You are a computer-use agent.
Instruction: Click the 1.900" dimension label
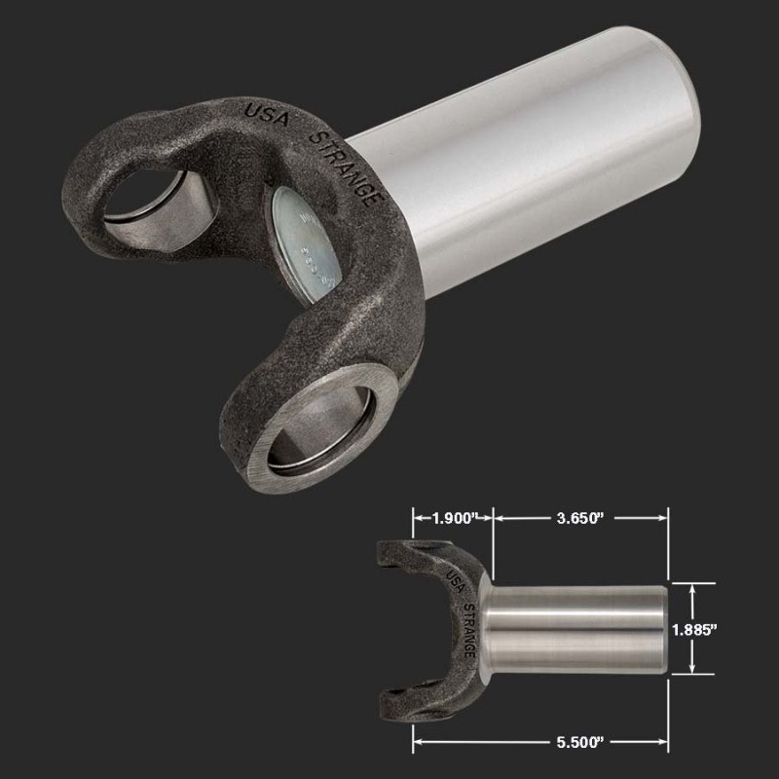[x=455, y=516]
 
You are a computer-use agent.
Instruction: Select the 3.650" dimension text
[x=581, y=516]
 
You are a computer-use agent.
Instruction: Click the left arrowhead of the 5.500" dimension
[x=418, y=742]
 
